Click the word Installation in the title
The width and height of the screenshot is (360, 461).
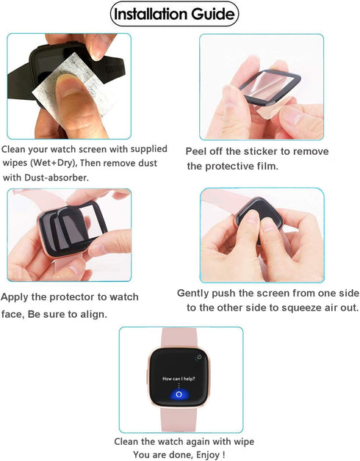pos(156,14)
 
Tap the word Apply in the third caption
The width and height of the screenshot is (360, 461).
pos(16,298)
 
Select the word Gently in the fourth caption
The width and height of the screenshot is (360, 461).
pos(195,293)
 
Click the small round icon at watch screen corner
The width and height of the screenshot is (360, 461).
pos(198,357)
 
